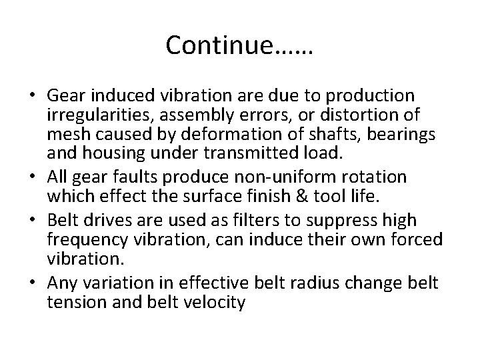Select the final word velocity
tap(215, 303)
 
